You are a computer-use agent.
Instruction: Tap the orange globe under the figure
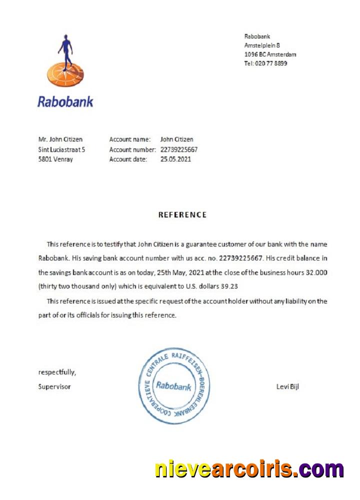(65, 75)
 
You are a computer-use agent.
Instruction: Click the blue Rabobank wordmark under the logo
(65, 102)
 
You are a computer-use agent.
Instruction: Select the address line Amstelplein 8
(262, 45)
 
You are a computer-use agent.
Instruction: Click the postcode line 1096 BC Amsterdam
(270, 54)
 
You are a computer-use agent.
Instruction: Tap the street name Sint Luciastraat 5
(61, 149)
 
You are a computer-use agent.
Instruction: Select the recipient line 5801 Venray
(55, 159)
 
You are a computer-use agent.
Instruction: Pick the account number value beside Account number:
(179, 149)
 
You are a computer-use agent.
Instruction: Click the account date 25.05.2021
(175, 159)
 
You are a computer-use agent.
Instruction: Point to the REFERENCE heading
(182, 215)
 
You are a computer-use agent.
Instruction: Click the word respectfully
(57, 372)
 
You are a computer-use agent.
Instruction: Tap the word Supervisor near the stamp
(54, 386)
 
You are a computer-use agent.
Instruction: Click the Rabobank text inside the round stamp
(173, 386)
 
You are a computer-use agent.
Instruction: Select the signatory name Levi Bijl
(287, 386)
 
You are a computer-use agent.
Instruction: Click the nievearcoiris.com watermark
(249, 469)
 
